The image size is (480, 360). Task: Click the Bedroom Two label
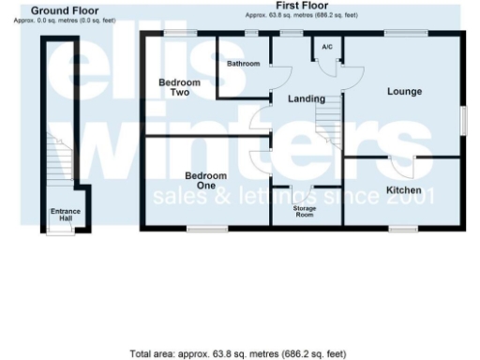tap(172, 87)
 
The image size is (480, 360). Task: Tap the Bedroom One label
tap(205, 181)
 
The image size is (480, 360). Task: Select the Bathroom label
tap(243, 63)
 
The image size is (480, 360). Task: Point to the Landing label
tap(306, 98)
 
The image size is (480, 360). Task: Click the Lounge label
tap(404, 91)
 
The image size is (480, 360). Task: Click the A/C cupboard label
tap(327, 46)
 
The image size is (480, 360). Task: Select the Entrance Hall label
tap(66, 215)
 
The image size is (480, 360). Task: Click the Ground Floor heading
tap(65, 9)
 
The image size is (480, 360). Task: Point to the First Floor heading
tap(302, 6)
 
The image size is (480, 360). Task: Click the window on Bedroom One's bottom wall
tap(205, 228)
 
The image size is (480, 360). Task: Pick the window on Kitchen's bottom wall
tap(403, 228)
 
